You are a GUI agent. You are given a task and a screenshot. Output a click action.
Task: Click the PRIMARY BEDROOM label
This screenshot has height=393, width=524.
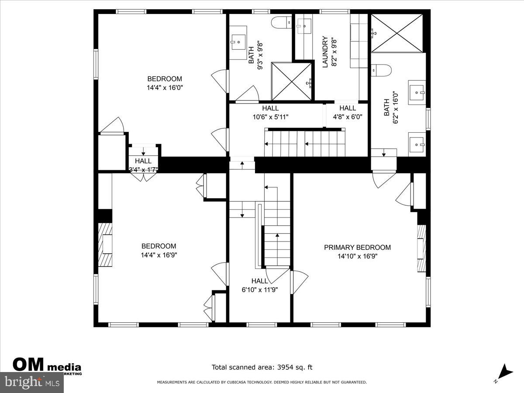point(357,248)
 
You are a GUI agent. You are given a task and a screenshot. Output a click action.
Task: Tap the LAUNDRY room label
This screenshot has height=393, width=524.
point(325,52)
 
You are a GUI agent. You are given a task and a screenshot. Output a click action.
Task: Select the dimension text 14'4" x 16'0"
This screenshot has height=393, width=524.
point(164,87)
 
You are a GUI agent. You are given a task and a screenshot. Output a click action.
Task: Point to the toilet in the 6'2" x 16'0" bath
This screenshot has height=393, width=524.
point(381,69)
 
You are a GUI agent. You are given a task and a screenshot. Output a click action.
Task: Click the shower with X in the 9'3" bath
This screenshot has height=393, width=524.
point(292,82)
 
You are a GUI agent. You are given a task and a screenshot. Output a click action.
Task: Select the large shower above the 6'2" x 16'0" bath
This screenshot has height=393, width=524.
point(397,33)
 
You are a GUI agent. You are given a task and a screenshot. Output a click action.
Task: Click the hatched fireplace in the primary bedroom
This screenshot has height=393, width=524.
point(421,248)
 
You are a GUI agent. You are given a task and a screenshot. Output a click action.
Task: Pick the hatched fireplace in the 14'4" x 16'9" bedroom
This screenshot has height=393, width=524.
point(105,245)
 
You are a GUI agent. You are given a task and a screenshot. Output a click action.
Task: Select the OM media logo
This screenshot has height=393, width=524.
point(47,366)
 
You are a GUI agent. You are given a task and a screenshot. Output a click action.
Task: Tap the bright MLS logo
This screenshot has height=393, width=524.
point(31,383)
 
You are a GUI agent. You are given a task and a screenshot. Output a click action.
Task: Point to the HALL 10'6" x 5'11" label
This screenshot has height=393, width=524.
point(270,113)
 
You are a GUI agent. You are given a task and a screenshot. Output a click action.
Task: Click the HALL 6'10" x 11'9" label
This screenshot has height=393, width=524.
point(260,285)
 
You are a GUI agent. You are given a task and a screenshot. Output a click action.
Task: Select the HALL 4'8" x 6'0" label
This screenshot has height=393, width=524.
point(348,113)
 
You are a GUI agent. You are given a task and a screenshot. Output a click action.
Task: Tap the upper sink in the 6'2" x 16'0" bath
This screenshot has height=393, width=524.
point(417,92)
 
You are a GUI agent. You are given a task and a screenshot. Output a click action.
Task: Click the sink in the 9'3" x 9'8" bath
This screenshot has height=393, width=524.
point(239,42)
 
